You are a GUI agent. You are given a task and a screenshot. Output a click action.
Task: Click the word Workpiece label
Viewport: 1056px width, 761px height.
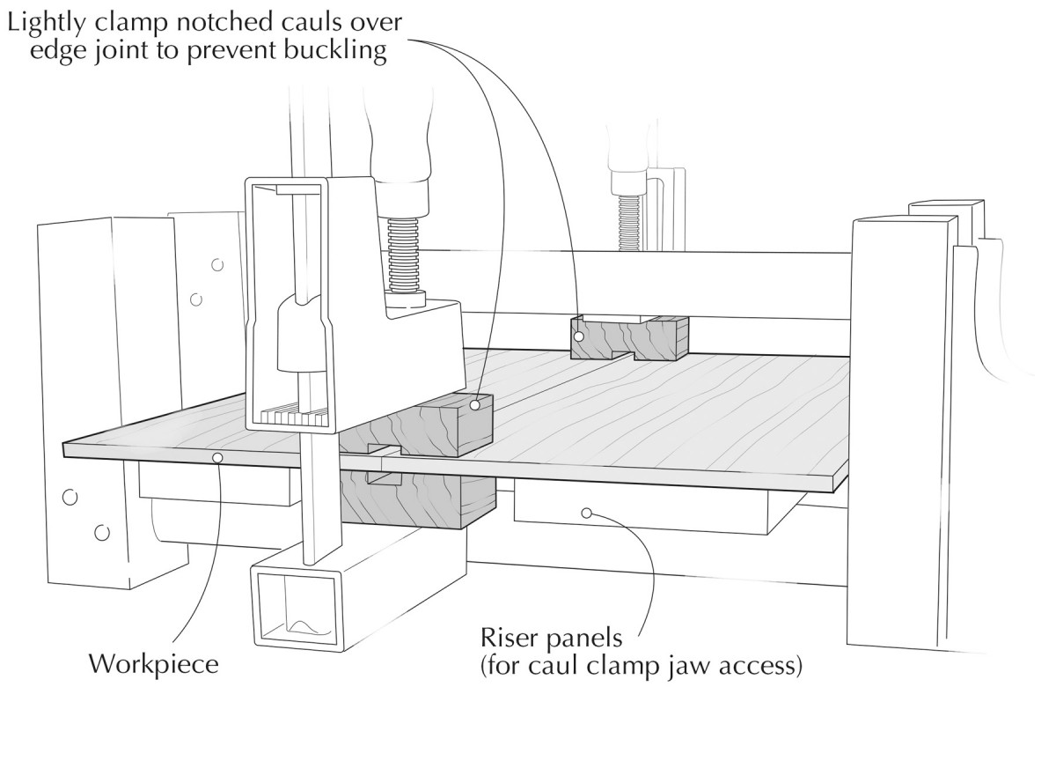tap(152, 664)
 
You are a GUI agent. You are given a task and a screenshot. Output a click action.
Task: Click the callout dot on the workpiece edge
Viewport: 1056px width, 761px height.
tap(216, 456)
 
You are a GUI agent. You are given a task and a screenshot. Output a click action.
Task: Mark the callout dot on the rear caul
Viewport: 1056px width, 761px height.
tap(579, 336)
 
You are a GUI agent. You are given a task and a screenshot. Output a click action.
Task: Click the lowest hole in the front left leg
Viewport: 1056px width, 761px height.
tap(102, 532)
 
